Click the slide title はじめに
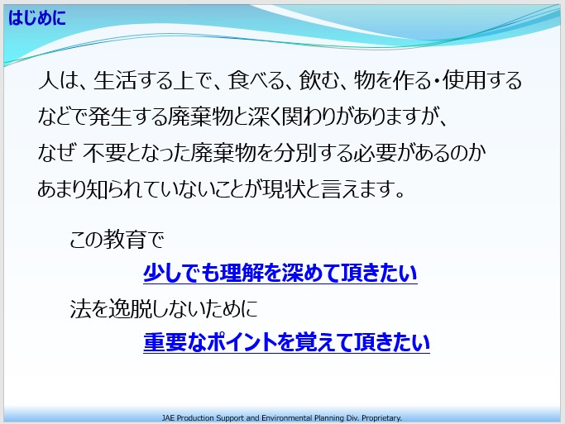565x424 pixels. pyautogui.click(x=37, y=17)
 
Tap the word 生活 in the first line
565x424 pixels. pyautogui.click(x=115, y=80)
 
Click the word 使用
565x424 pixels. pyautogui.click(x=464, y=80)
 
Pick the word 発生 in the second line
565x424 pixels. pyautogui.click(x=109, y=117)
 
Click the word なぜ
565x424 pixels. pyautogui.click(x=56, y=153)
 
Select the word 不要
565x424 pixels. pyautogui.click(x=104, y=153)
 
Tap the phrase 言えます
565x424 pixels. pyautogui.click(x=363, y=188)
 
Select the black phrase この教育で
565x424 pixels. pyautogui.click(x=117, y=240)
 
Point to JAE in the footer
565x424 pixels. pyautogui.click(x=168, y=418)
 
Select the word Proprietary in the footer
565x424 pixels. pyautogui.click(x=381, y=418)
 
